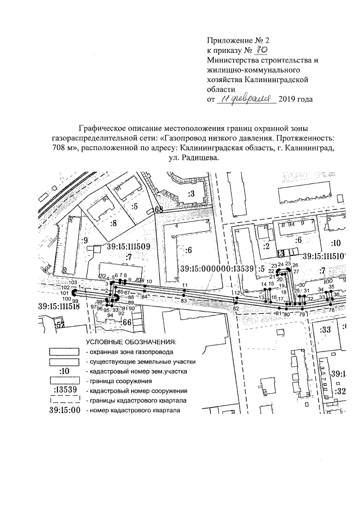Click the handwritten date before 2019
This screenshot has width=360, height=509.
click(246, 99)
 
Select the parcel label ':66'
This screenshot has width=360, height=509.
click(127, 322)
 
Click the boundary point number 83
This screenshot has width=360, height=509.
click(184, 301)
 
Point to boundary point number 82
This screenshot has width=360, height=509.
click(236, 309)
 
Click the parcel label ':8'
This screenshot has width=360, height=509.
click(113, 223)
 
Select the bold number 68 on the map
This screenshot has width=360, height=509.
click(159, 210)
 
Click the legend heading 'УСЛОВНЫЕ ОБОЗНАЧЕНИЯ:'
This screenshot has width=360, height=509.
click(130, 341)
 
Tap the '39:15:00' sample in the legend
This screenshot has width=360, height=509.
click(64, 411)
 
